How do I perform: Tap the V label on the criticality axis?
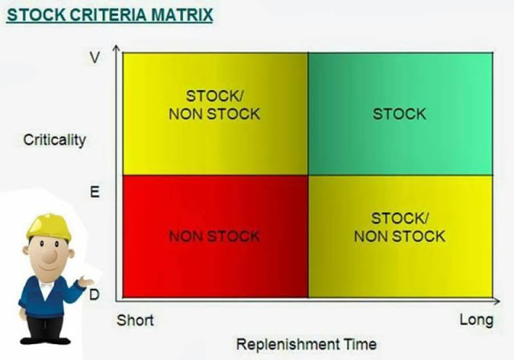pyautogui.click(x=95, y=58)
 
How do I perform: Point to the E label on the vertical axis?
pyautogui.click(x=95, y=192)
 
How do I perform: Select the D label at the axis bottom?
pyautogui.click(x=94, y=295)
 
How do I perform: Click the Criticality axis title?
pyautogui.click(x=55, y=140)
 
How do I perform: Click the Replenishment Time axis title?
pyautogui.click(x=307, y=344)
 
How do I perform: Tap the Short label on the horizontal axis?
pyautogui.click(x=135, y=321)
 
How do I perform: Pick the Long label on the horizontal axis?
pyautogui.click(x=476, y=320)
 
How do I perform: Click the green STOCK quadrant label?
pyautogui.click(x=400, y=114)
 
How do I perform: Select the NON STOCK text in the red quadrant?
pyautogui.click(x=214, y=236)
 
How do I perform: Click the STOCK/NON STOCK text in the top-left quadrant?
pyautogui.click(x=214, y=105)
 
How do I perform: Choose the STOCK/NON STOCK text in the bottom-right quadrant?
pyautogui.click(x=400, y=227)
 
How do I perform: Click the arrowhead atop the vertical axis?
pyautogui.click(x=116, y=47)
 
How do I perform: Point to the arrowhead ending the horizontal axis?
pyautogui.click(x=497, y=301)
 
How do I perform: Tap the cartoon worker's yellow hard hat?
pyautogui.click(x=49, y=227)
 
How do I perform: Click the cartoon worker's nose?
pyautogui.click(x=50, y=256)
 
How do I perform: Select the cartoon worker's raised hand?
pyautogui.click(x=86, y=281)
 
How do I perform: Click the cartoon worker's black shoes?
pyautogui.click(x=45, y=340)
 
